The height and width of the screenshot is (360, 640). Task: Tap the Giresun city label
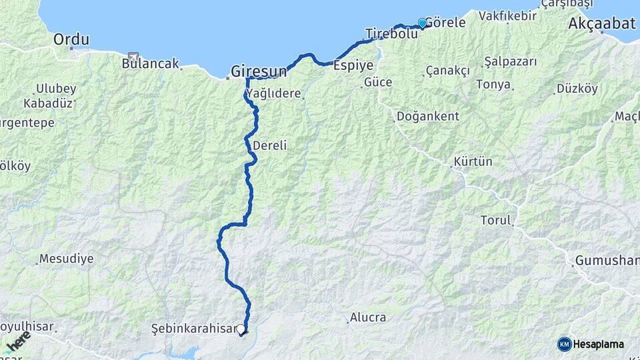pos(259,71)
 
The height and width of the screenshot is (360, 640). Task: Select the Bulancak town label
pos(151,64)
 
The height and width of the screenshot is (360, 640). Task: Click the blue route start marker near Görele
pos(422,23)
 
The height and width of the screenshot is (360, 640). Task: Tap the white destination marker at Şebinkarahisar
pos(241,329)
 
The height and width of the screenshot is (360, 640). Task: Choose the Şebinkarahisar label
pos(193,329)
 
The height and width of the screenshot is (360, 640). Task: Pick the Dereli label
pos(269,145)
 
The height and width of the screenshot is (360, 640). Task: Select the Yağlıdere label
pos(275,93)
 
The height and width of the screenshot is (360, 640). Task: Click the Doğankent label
pos(427,116)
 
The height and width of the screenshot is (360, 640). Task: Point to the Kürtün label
pos(473,161)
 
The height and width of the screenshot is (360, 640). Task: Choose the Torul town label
pos(495,220)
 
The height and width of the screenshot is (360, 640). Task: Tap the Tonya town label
pos(493,85)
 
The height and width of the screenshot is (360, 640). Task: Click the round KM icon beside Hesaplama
pos(565,344)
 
